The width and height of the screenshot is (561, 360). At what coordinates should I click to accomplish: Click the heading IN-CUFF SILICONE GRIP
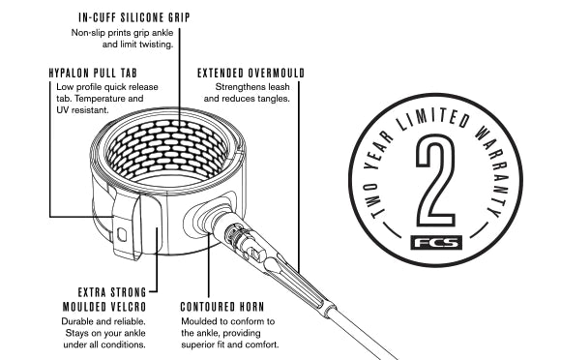(x=134, y=17)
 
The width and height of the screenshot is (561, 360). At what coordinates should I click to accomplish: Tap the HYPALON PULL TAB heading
(x=93, y=73)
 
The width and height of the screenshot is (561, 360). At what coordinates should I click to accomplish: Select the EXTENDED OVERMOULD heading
(x=251, y=73)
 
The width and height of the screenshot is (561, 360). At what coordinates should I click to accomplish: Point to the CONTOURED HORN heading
(x=222, y=307)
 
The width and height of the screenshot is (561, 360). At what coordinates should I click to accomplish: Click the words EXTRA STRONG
(x=112, y=292)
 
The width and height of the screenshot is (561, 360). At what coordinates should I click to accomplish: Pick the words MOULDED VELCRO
(x=104, y=307)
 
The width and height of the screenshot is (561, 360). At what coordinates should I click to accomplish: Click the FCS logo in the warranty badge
(x=436, y=243)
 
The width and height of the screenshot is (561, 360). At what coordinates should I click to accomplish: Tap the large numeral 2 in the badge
(x=436, y=180)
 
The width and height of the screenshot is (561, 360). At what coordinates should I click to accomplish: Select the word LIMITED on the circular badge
(x=433, y=121)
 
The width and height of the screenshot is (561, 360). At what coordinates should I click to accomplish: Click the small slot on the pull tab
(x=122, y=234)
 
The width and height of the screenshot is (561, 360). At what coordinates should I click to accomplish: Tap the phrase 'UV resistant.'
(x=82, y=110)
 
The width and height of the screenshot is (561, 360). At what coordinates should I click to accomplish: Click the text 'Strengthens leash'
(x=252, y=87)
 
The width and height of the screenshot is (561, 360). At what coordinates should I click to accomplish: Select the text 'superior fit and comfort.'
(x=229, y=345)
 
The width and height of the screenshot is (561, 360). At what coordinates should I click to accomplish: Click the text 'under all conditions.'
(x=104, y=345)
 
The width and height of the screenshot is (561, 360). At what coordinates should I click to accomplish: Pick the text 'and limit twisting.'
(x=137, y=45)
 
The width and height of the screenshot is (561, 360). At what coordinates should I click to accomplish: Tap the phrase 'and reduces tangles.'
(x=247, y=99)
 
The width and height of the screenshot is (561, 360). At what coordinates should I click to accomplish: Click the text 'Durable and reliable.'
(x=103, y=321)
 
